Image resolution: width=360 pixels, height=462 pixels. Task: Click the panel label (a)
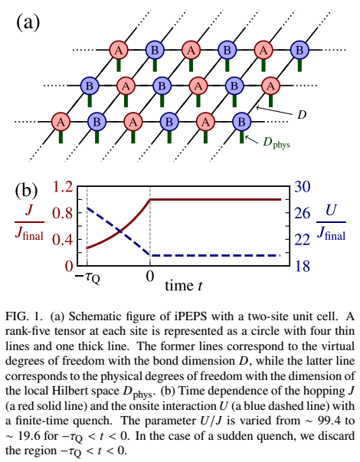click(28, 21)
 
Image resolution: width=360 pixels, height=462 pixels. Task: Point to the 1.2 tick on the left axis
click(62, 186)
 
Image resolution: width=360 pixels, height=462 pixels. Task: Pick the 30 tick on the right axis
click(304, 186)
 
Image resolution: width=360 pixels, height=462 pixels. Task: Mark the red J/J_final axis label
click(28, 220)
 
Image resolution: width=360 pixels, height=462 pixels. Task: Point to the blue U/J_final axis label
click(332, 220)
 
